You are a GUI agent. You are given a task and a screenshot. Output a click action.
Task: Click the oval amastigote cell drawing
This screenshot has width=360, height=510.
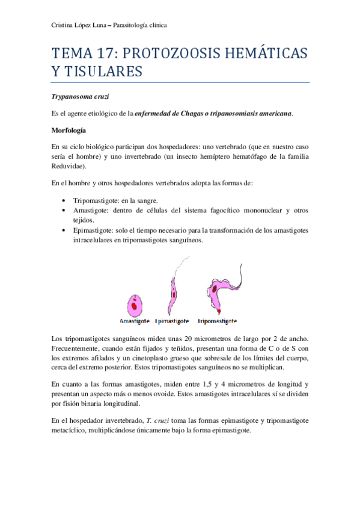[x=135, y=304]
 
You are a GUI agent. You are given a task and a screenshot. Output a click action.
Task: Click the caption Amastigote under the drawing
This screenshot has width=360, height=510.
[x=136, y=320]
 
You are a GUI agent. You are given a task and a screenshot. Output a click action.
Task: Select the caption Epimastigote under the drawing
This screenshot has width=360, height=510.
[x=172, y=320]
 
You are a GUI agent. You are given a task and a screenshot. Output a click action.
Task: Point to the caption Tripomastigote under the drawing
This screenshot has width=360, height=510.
[x=216, y=320]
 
